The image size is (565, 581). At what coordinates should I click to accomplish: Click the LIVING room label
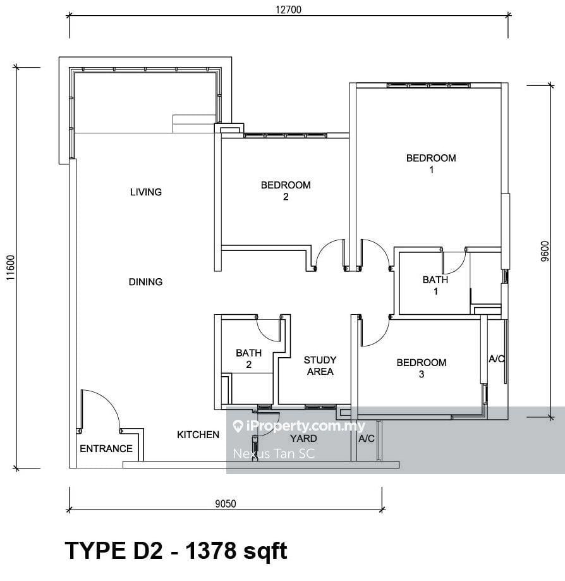(x=145, y=192)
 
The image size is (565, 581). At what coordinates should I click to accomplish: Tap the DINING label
(x=145, y=282)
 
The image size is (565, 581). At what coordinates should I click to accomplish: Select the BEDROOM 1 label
(x=431, y=164)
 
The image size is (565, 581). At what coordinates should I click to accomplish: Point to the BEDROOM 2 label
(x=286, y=191)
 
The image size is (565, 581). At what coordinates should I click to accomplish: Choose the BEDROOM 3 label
(x=422, y=368)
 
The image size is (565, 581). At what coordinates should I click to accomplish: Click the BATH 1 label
(x=435, y=285)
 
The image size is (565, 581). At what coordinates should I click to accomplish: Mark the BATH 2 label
(x=248, y=359)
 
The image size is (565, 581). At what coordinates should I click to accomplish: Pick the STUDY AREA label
(x=320, y=365)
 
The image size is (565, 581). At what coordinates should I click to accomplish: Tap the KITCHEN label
(x=198, y=435)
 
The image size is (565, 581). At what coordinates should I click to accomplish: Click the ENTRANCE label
(x=106, y=449)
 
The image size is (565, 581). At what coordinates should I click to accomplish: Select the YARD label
(x=303, y=438)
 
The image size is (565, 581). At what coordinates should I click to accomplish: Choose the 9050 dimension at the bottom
(x=225, y=504)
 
